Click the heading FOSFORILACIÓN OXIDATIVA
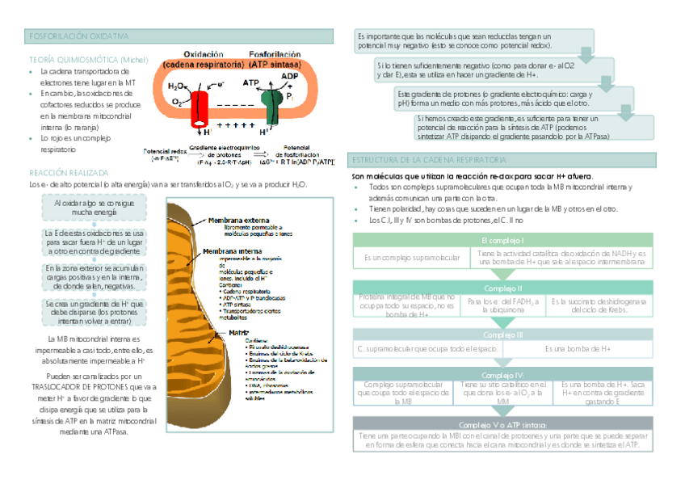pos(78,37)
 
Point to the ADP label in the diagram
pos(289,76)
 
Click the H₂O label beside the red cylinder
pos(175,86)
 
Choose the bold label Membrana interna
pos(235,251)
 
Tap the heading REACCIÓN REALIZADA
pos(68,173)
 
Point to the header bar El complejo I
pos(502,241)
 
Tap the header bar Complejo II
pos(502,288)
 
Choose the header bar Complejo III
pos(502,335)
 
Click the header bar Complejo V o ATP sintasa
pos(502,424)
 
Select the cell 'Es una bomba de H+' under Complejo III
pos(577,348)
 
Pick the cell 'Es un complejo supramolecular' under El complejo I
pos(412,258)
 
